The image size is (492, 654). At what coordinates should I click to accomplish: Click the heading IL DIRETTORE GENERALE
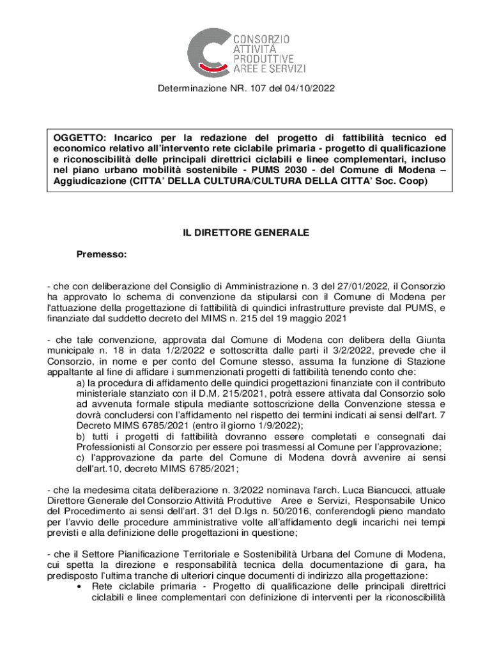[x=246, y=233]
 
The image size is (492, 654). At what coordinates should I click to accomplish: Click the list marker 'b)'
[x=81, y=436]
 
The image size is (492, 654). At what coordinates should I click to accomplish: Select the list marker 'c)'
[x=81, y=457]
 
